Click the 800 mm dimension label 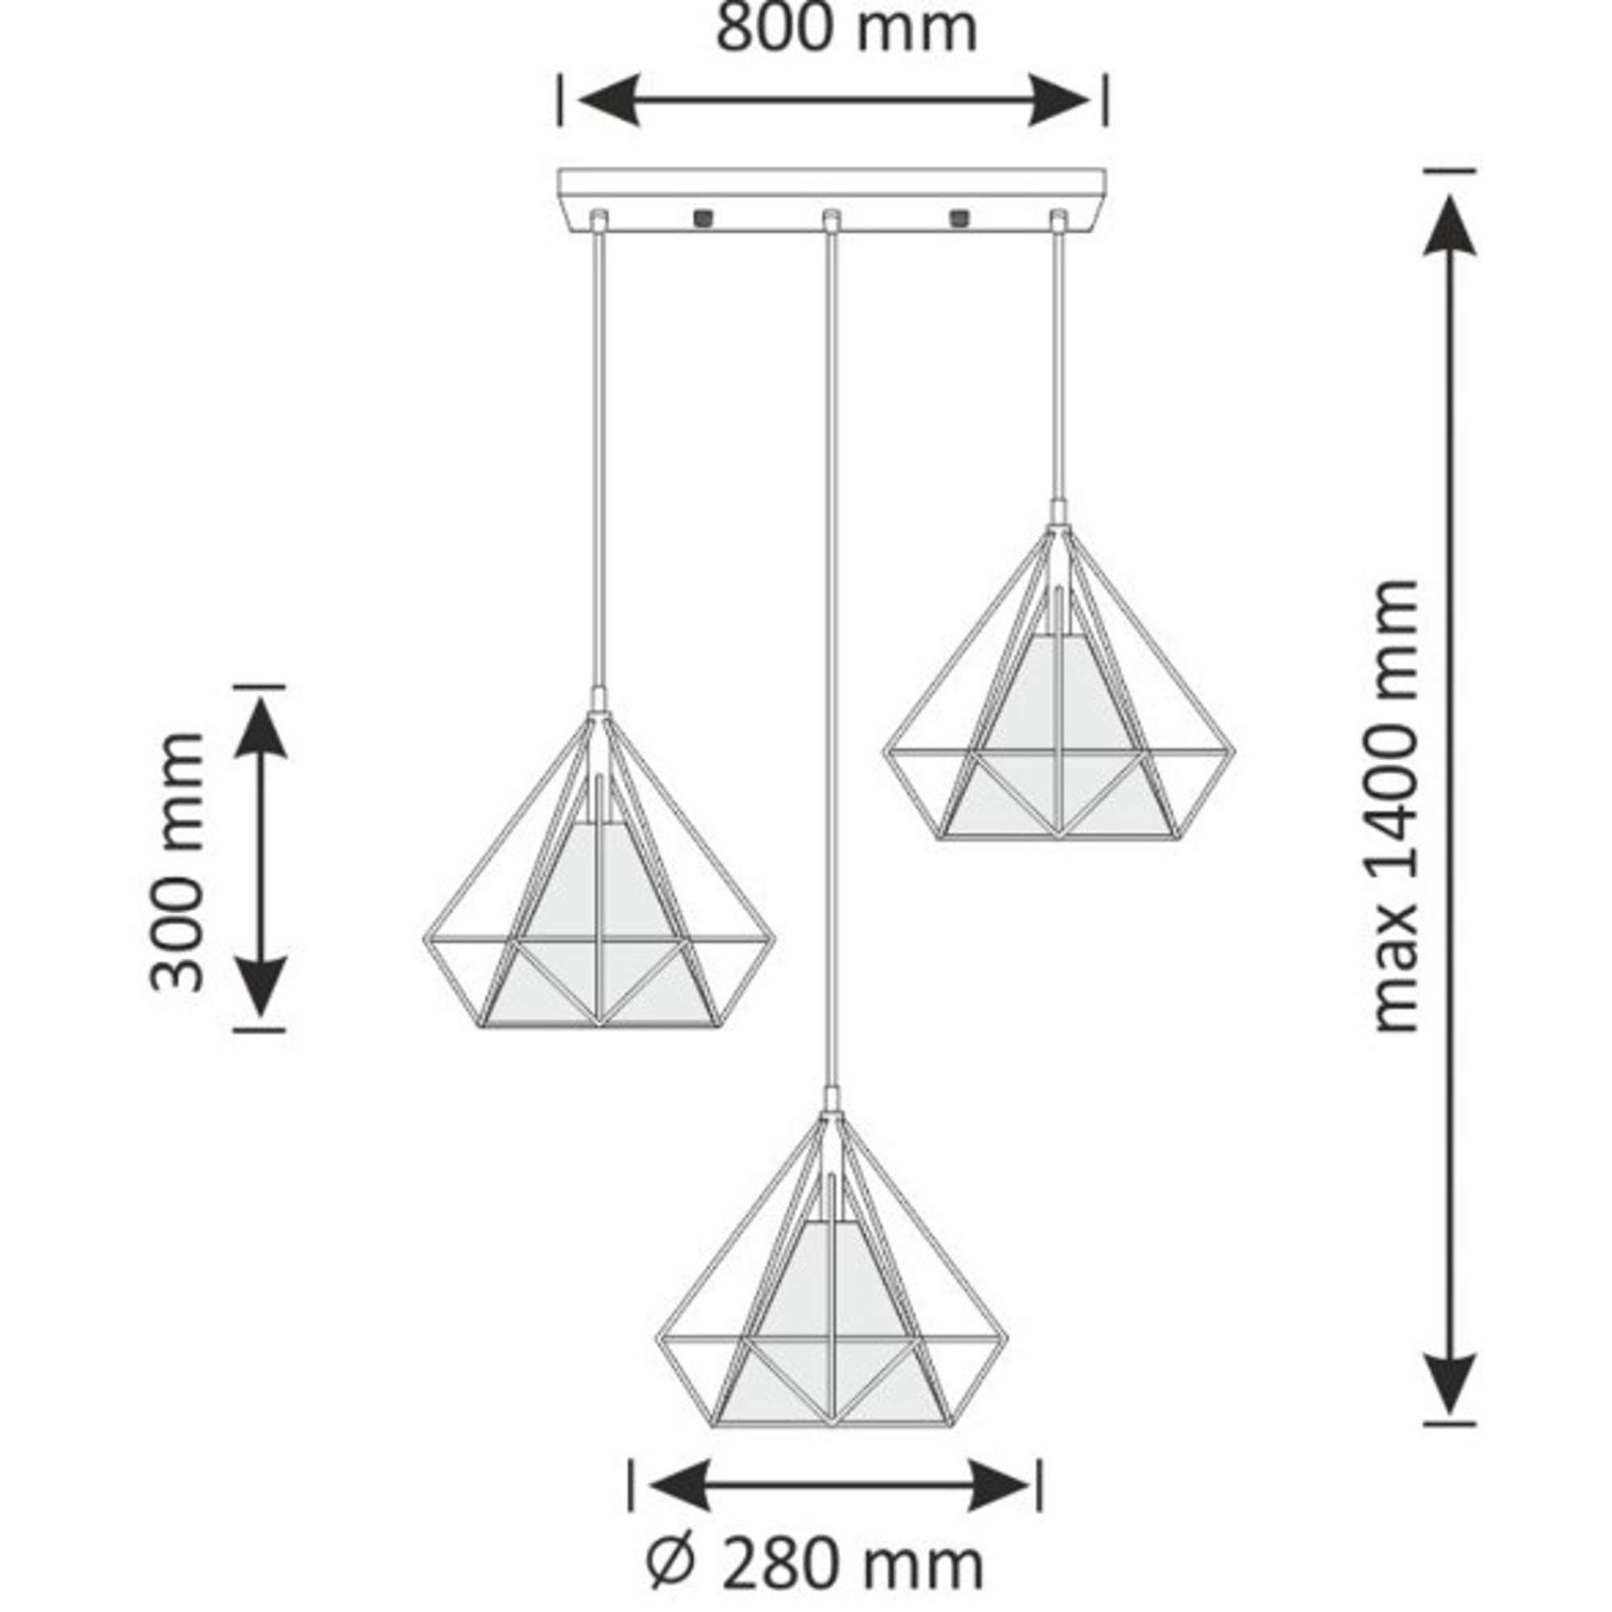click(845, 30)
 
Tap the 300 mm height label click(177, 862)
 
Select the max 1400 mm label click(1394, 806)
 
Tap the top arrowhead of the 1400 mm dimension click(1449, 226)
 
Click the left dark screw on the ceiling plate click(704, 218)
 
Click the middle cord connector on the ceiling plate click(830, 220)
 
